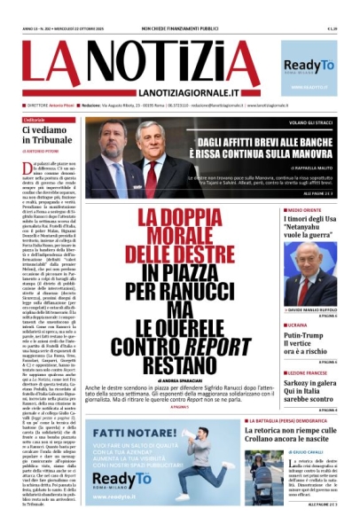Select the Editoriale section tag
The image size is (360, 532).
pyautogui.click(x=35, y=120)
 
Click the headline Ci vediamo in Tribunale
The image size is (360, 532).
pyautogui.click(x=50, y=136)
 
